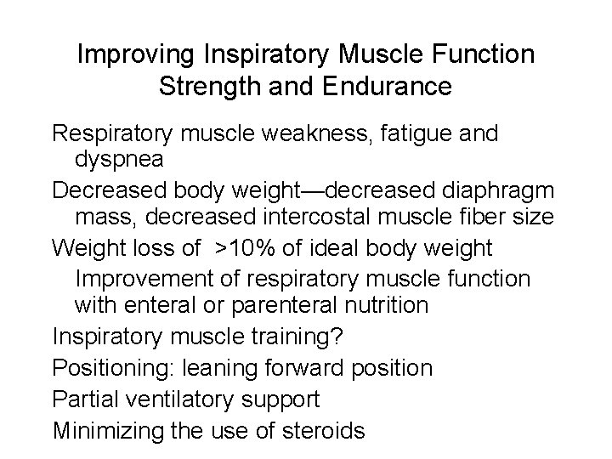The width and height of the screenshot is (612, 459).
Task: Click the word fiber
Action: point(486,218)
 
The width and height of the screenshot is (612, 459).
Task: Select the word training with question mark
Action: point(294,338)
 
